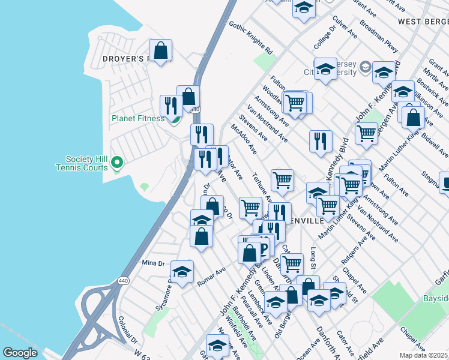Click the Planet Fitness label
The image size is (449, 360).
coord(137,118)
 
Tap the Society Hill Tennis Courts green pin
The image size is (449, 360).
coord(118,162)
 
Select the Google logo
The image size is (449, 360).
coord(20,353)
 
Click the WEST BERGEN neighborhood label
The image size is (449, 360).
coord(423,22)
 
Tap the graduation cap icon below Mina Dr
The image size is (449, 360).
coord(182,272)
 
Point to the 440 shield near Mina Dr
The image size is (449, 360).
coord(123,280)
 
